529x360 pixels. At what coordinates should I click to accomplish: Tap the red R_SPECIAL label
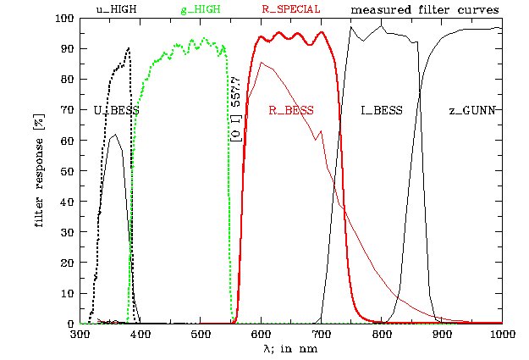(x=290, y=9)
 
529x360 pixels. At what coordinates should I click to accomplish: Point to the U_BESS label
(x=116, y=111)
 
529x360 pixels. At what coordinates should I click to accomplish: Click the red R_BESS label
(x=290, y=111)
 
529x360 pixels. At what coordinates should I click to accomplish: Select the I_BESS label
(x=381, y=111)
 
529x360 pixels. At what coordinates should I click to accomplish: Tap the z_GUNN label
(x=471, y=111)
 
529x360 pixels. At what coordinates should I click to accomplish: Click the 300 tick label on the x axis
(x=80, y=335)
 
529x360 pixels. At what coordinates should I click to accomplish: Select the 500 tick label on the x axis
(x=201, y=335)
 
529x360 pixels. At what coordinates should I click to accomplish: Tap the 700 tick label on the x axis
(x=322, y=335)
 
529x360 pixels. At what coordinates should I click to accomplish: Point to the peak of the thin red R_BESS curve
(x=262, y=62)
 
